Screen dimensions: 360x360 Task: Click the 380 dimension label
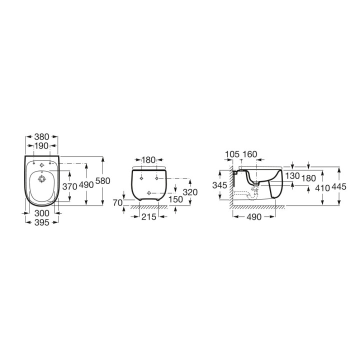point(42,137)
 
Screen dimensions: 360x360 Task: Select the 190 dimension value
point(41,145)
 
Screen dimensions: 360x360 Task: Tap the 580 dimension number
point(102,181)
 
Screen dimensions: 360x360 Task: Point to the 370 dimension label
point(69,186)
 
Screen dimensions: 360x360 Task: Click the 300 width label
point(42,213)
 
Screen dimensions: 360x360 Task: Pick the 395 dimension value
point(42,222)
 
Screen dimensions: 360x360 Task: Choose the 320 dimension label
point(190,192)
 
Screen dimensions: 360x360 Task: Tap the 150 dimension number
point(175,199)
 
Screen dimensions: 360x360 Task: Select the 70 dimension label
point(118,202)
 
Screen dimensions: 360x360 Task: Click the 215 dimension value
point(149,216)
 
